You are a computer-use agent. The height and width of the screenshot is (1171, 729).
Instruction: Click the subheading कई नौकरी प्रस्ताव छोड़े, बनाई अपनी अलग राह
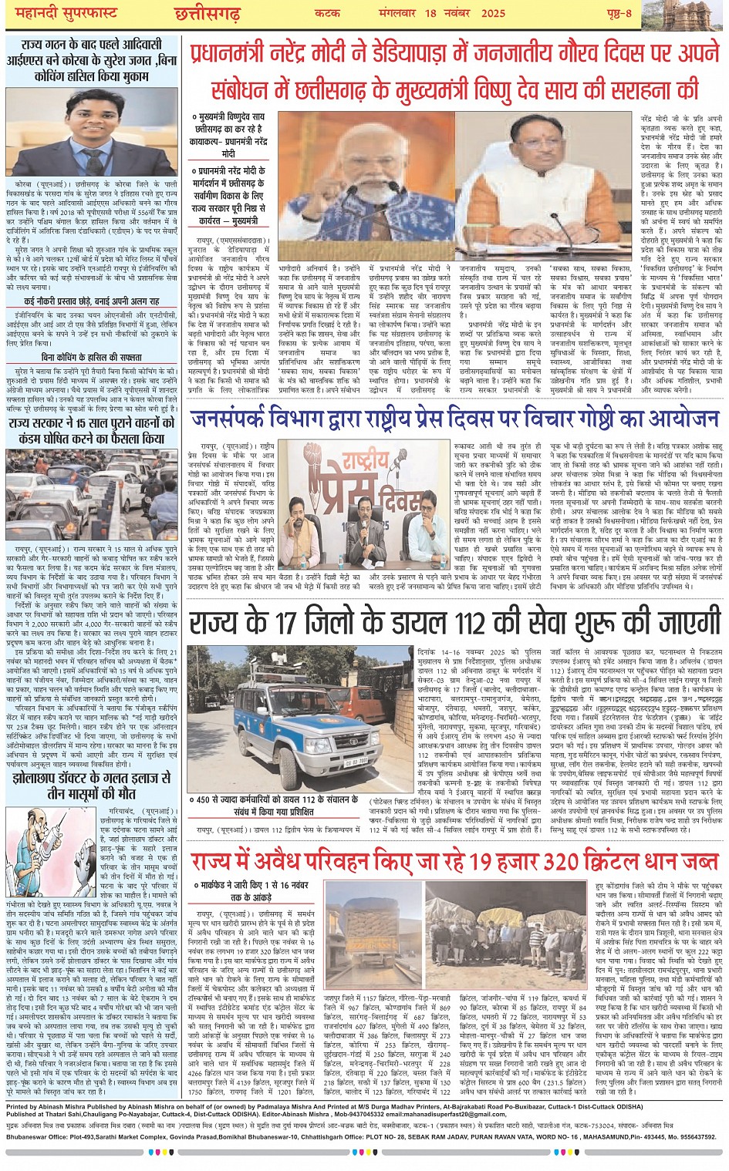92,301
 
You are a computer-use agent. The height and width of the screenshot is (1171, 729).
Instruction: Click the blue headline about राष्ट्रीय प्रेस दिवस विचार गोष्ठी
454,421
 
